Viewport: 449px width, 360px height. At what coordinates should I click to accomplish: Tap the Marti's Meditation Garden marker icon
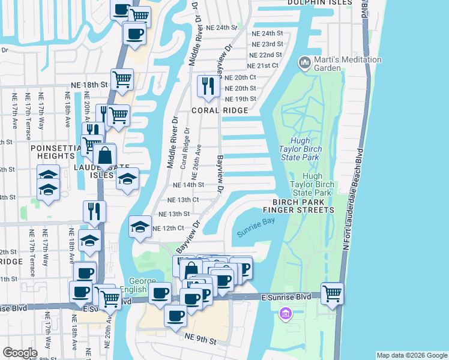(304, 62)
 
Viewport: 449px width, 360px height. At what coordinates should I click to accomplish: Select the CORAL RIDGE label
(219, 111)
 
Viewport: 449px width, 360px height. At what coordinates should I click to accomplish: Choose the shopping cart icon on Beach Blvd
(332, 293)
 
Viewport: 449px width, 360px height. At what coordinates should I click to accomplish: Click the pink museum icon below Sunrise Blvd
(286, 313)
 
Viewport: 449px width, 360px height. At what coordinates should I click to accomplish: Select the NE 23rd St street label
(267, 44)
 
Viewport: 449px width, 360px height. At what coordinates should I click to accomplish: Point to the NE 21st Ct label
(264, 65)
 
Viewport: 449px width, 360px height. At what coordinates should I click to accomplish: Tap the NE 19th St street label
(240, 99)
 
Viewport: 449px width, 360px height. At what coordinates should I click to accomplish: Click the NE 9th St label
(200, 340)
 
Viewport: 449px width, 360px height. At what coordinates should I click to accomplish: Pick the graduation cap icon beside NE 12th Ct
(140, 227)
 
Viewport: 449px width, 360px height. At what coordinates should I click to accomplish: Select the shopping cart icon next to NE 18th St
(122, 79)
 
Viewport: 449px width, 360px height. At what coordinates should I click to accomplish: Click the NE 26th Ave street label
(196, 162)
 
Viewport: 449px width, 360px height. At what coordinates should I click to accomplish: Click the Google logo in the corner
(19, 352)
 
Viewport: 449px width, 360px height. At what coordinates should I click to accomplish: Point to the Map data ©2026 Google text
(411, 355)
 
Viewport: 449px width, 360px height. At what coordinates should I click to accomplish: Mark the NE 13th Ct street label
(183, 199)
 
